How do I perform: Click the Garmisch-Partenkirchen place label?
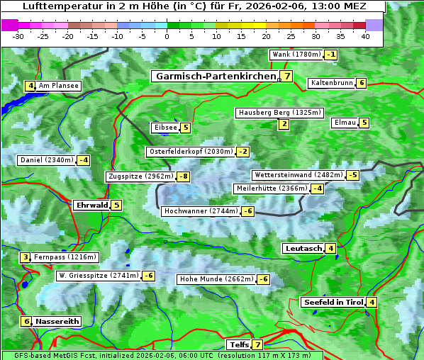(x=214, y=77)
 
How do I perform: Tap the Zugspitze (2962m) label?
(x=140, y=176)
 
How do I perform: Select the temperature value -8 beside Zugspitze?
(x=184, y=176)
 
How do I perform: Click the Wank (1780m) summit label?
(x=295, y=55)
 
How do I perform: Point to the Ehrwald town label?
(x=91, y=206)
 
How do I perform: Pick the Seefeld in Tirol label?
(x=333, y=303)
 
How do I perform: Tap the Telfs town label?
(x=238, y=345)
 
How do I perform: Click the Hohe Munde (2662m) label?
(x=216, y=279)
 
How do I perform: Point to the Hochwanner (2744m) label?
(x=200, y=211)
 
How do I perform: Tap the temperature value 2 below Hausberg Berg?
(x=284, y=125)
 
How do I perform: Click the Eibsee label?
(x=164, y=128)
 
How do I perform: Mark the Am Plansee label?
(x=58, y=86)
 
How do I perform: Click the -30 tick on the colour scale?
(x=18, y=35)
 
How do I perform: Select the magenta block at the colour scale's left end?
(x=9, y=24)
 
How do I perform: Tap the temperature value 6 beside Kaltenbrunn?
(x=361, y=83)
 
